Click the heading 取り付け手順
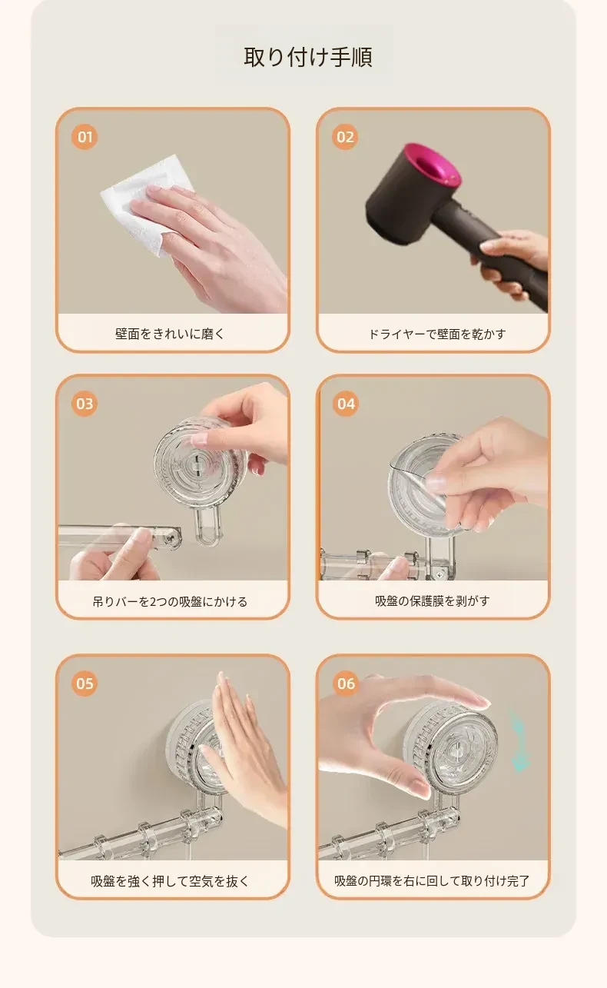[x=308, y=58]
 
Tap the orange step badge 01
[x=85, y=137]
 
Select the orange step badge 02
[x=345, y=137]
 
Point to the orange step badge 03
[x=85, y=404]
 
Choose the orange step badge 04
[x=346, y=404]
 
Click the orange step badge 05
[x=85, y=684]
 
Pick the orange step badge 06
[x=346, y=684]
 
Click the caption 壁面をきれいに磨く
[x=170, y=334]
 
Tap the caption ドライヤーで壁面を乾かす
[x=437, y=334]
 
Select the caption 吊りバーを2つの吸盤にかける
[x=170, y=601]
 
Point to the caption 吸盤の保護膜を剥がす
[x=433, y=600]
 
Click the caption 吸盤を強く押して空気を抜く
[x=170, y=881]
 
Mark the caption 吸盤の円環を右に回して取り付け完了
[x=432, y=881]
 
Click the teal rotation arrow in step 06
[x=520, y=741]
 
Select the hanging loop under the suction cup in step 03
[x=207, y=525]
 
